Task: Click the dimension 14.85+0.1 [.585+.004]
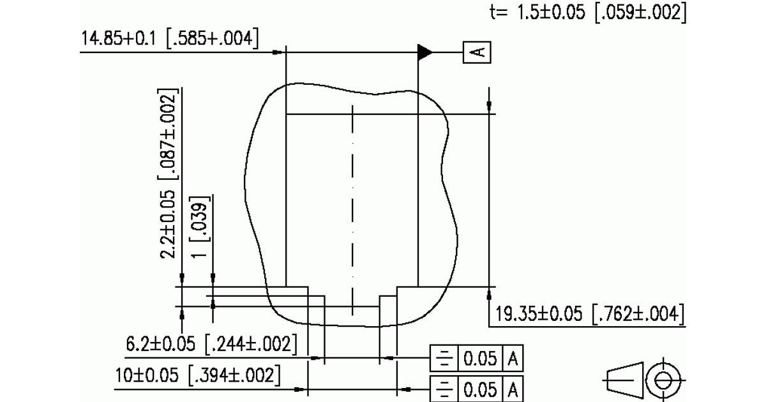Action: coord(170,38)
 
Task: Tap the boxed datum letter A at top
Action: coord(477,52)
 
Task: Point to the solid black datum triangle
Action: coord(425,52)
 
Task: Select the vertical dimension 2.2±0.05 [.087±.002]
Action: coord(169,174)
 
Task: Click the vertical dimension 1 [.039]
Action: coord(200,227)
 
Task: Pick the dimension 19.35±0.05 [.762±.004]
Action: coord(590,314)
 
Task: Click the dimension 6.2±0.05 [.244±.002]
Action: coord(212,344)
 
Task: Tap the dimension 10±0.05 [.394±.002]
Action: coord(198,375)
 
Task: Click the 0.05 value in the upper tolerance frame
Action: coord(480,359)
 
